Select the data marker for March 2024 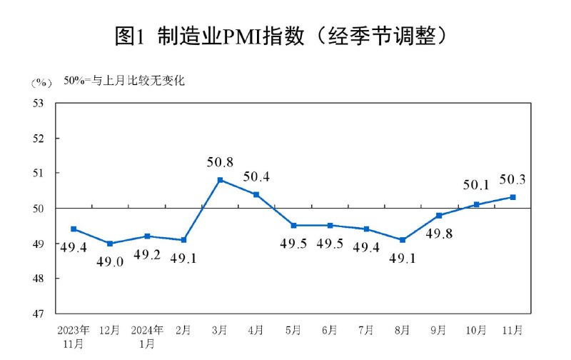220,180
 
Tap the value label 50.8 220,162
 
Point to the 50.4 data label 256,176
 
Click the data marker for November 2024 512,197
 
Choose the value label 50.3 512,179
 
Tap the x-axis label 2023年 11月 74,336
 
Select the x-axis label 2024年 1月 147,336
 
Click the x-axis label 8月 403,331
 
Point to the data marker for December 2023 110,244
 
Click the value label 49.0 110,261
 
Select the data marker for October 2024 476,204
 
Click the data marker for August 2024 403,240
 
